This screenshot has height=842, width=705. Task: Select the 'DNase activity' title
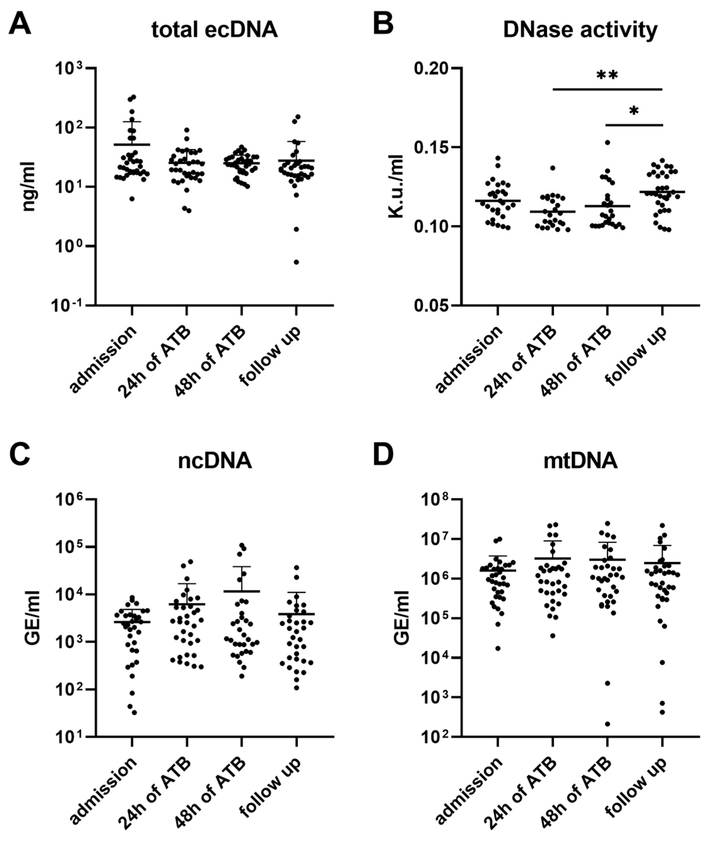(580, 30)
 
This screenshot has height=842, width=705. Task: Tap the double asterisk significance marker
(607, 75)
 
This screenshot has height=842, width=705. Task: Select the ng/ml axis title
(29, 187)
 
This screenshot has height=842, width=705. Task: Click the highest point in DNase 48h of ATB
(608, 142)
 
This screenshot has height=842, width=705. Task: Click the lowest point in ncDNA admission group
(134, 712)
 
